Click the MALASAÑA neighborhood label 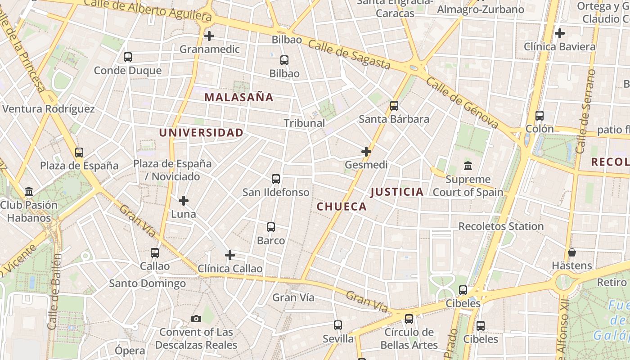coord(239,97)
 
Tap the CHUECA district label coord(342,207)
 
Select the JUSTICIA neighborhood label coord(397,192)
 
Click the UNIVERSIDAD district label coord(201,133)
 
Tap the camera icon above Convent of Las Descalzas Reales coord(196,319)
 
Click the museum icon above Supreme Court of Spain coord(468,166)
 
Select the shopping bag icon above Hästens coord(571,252)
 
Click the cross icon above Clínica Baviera coord(559,33)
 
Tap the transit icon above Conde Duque coord(127,57)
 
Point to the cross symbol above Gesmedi coord(366,152)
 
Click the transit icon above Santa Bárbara coord(394,106)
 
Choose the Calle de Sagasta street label coord(349,54)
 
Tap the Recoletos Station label coord(501,226)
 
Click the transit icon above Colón coord(539,116)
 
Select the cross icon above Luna coord(183,201)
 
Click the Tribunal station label coord(304,123)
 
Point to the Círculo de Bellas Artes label coord(409,339)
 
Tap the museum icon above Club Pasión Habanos coord(29,192)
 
